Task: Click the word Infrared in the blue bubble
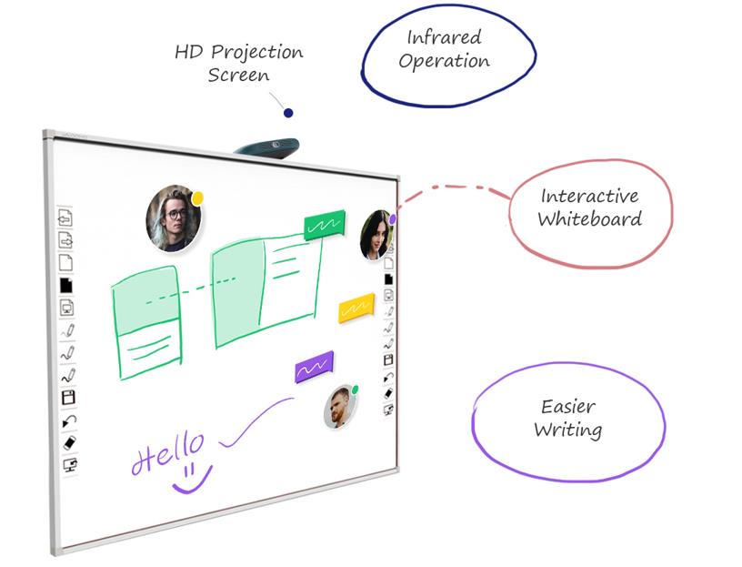point(444,38)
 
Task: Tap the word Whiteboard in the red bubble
point(589,218)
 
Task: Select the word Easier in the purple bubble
point(567,407)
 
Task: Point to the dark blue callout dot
point(288,113)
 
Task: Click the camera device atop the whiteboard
point(266,145)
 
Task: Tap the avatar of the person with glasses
point(172,218)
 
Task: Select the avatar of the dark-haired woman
point(375,235)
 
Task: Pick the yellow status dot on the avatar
point(197,197)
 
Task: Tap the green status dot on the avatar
point(354,390)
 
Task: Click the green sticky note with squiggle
point(325,225)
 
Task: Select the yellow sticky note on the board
point(356,308)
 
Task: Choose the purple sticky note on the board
point(314,367)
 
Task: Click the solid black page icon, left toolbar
point(66,285)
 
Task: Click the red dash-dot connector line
point(455,189)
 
